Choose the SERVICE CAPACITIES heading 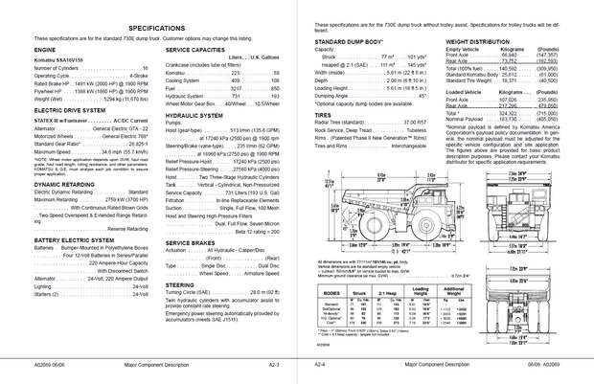point(196,48)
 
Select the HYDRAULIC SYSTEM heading point(194,114)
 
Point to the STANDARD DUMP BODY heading point(349,43)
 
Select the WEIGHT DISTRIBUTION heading point(477,43)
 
